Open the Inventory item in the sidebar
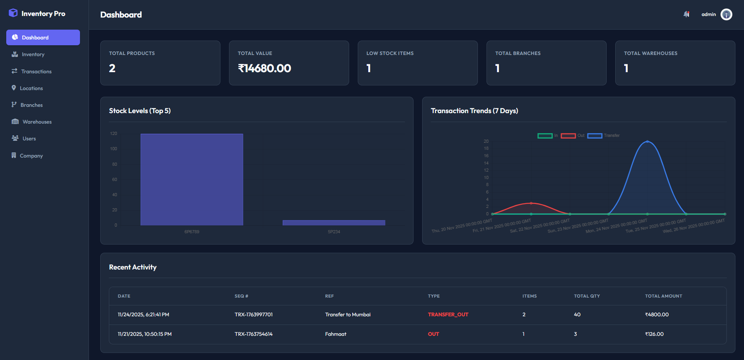33,55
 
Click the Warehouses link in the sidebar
37,122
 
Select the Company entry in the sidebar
31,156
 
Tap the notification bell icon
686,14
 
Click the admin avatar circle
726,14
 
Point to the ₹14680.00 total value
265,68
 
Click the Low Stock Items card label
390,53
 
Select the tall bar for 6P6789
192,179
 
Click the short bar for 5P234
334,223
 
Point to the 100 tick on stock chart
114,149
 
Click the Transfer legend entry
603,136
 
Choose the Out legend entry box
568,136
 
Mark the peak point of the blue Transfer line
647,142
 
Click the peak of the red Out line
531,203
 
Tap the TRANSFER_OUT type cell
448,315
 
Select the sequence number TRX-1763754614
254,334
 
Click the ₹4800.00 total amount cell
657,315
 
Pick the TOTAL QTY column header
587,296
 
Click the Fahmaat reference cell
336,334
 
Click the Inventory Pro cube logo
13,13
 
